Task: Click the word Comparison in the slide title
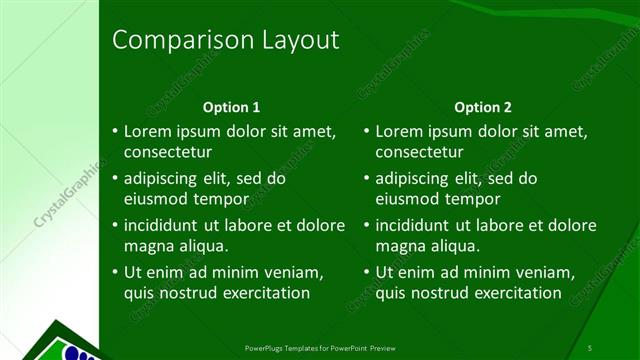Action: pyautogui.click(x=169, y=40)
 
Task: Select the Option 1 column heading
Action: pyautogui.click(x=231, y=106)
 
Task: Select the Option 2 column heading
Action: pyautogui.click(x=482, y=106)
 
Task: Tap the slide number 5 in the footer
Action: pyautogui.click(x=590, y=347)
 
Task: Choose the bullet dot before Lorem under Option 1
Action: pyautogui.click(x=115, y=131)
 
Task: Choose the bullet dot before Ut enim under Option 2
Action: pyautogui.click(x=367, y=272)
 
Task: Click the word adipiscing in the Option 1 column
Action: pyautogui.click(x=164, y=178)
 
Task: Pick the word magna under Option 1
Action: pyautogui.click(x=147, y=245)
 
